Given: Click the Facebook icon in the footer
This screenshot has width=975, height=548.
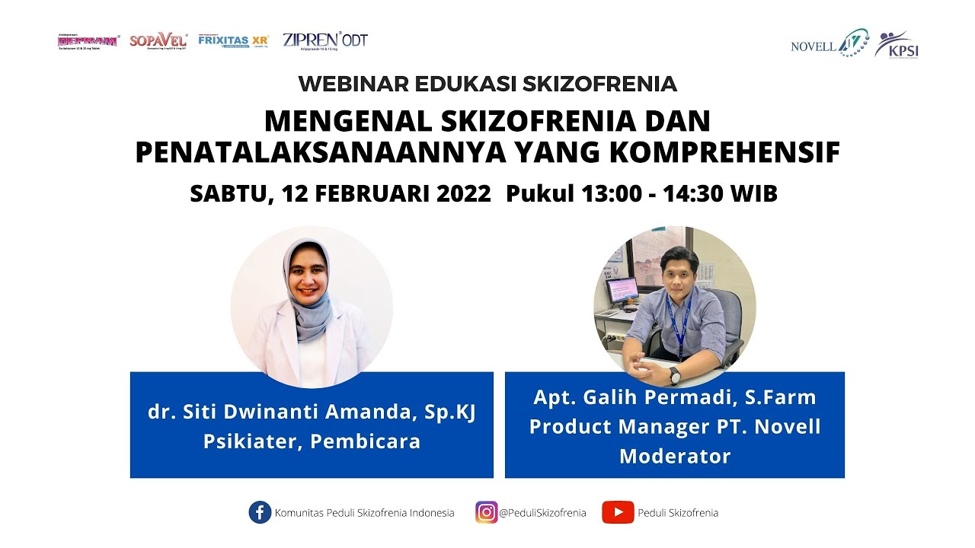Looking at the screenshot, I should coord(260,512).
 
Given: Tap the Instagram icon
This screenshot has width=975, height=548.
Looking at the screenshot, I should coord(486,512).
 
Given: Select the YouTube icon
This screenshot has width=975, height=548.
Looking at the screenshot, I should coord(618,512).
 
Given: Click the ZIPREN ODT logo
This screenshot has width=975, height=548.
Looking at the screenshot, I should coord(324,40).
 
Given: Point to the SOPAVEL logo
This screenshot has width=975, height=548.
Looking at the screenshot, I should coord(158,40).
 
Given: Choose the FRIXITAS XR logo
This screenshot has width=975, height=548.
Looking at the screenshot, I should coord(233,40).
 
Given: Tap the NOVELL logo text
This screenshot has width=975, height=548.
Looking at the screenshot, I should coord(813,46).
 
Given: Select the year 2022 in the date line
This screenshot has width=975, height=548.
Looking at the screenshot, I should coord(464,194).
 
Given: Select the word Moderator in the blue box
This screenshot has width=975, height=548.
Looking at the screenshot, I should coord(675,456).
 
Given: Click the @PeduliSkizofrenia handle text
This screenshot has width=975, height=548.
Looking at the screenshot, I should coord(542,513).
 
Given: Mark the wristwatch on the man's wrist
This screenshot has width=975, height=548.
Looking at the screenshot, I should coord(674,374).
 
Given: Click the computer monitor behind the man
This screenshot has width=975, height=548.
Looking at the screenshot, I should coord(622,291).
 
